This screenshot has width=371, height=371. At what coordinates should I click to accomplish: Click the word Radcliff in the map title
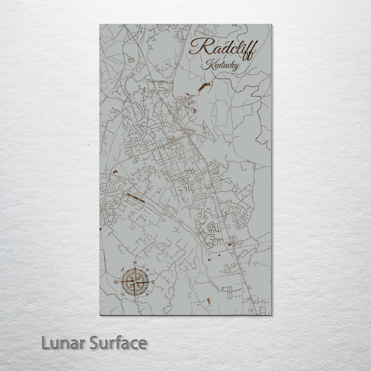[222, 47]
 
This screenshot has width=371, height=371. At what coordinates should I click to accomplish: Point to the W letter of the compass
[116, 282]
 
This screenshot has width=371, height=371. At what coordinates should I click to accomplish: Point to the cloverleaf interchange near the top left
[132, 38]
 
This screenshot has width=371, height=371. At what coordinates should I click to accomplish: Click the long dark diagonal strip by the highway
[135, 198]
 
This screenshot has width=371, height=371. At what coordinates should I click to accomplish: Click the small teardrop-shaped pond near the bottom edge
[209, 300]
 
